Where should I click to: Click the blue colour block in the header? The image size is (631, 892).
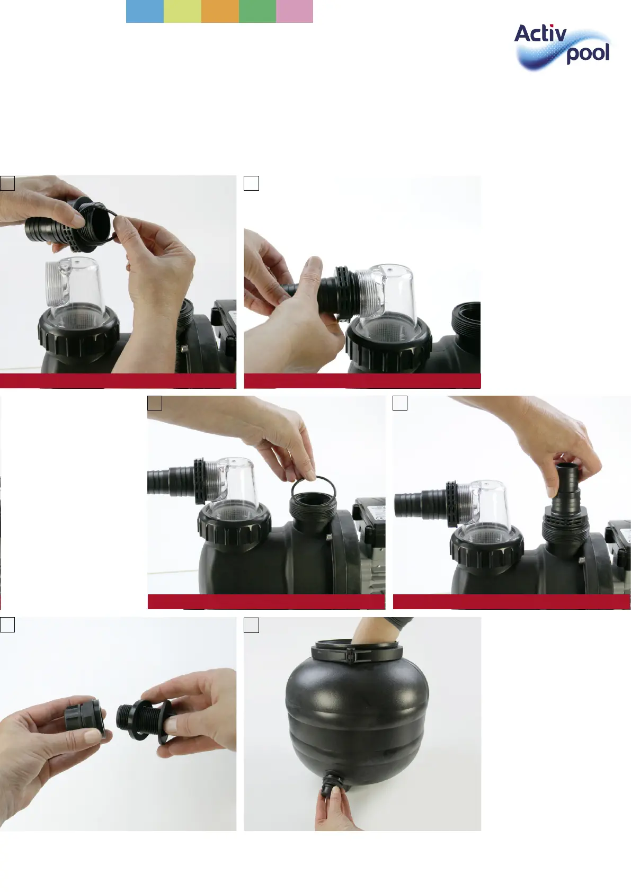[145, 11]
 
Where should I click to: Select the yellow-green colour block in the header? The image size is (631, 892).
[182, 11]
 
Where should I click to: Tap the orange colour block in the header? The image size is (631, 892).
[220, 11]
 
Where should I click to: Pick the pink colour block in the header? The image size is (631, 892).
[295, 11]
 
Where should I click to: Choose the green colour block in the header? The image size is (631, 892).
[257, 11]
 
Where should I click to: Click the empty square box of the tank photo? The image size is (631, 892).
[251, 625]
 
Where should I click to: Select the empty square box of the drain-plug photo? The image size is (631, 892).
[7, 625]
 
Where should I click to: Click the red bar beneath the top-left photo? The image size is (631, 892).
[118, 381]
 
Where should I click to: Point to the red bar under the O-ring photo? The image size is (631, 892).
[266, 602]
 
